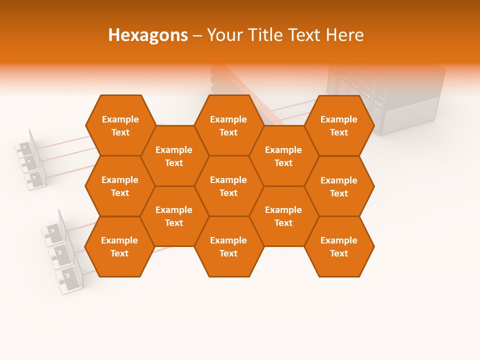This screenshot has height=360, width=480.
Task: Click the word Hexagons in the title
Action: (x=148, y=35)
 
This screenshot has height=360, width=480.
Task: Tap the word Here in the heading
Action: (x=344, y=35)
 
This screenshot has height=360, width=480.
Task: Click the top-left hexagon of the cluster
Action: (x=120, y=125)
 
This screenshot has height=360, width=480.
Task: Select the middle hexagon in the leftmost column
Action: (x=120, y=186)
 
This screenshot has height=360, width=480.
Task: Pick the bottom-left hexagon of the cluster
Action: (x=119, y=246)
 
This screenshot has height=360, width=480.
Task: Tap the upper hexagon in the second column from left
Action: (x=174, y=156)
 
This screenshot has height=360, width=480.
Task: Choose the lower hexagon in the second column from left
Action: (x=174, y=216)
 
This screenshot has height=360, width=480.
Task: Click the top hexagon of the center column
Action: (x=228, y=125)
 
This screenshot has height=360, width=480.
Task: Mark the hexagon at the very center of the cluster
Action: (x=228, y=186)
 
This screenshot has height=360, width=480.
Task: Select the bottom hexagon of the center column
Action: (x=228, y=246)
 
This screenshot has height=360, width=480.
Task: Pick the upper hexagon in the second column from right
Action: (x=283, y=156)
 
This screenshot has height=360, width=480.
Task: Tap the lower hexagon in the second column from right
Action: (x=283, y=216)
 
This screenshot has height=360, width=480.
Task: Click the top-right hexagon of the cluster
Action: (x=339, y=125)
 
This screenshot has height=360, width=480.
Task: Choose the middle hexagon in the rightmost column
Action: (x=339, y=186)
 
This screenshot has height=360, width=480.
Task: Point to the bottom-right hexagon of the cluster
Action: (x=339, y=246)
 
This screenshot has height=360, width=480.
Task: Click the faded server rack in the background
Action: (x=400, y=100)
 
